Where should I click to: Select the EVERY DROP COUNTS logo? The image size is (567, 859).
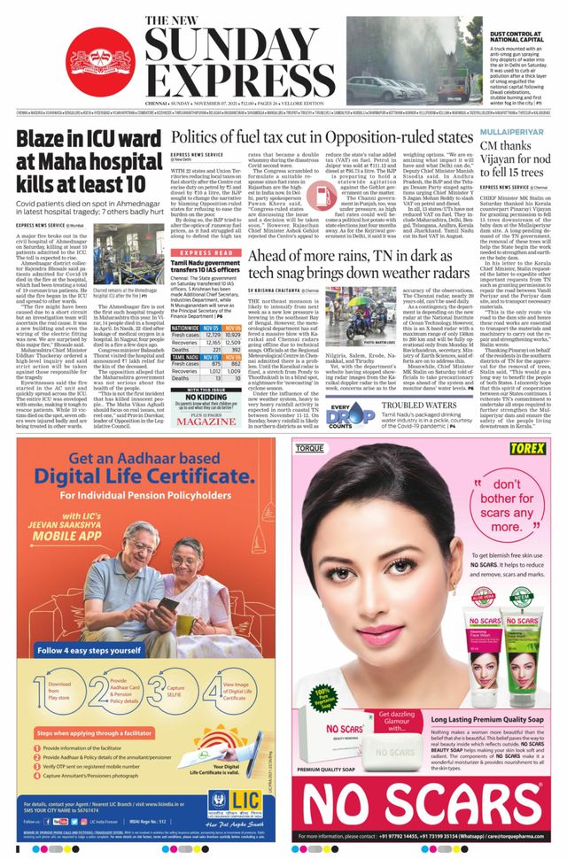(350, 415)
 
